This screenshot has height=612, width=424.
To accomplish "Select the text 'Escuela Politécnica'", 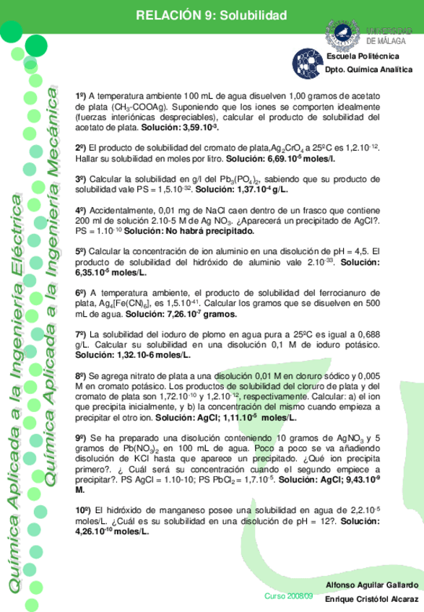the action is (362, 56).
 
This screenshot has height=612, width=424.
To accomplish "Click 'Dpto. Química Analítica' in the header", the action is (369, 70).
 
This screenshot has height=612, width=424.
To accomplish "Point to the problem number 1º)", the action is (81, 96).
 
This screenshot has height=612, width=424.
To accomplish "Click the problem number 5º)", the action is (81, 251).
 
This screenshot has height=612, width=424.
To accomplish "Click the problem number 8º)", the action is (81, 376).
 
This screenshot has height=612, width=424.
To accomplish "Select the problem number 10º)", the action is (83, 510).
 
